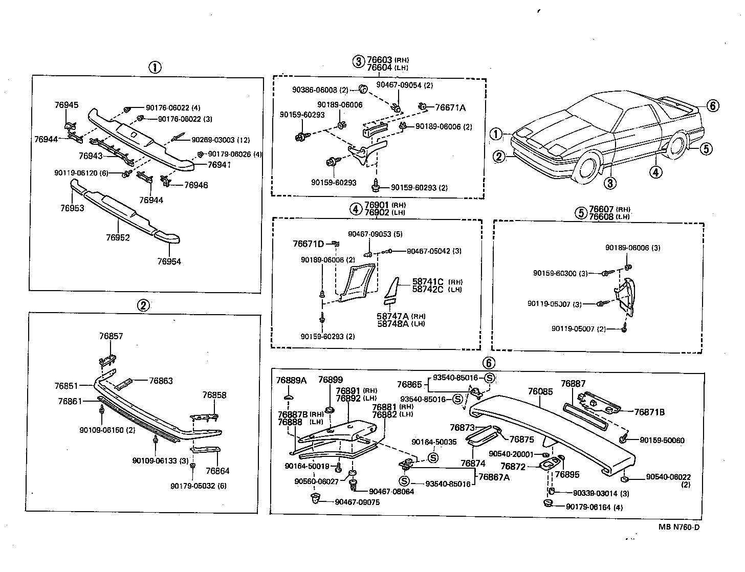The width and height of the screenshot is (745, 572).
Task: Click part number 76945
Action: point(67,105)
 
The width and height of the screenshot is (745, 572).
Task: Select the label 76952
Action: point(118,238)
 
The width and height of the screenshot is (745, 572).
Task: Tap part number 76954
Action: point(169,261)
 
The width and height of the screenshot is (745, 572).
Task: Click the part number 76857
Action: point(111,336)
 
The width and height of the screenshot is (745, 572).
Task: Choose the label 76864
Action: point(217,471)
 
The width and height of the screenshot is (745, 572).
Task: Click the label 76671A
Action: point(450,107)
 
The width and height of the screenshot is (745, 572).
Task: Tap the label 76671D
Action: point(308,244)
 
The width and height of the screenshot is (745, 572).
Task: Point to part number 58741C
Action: point(428,282)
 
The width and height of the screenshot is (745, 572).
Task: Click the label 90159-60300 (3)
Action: point(560,273)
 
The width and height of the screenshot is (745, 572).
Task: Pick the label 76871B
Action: point(649,412)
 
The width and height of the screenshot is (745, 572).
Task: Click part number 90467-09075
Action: point(357,502)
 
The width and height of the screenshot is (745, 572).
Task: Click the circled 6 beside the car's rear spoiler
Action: point(713,106)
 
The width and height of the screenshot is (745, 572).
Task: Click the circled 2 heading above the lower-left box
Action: point(143,305)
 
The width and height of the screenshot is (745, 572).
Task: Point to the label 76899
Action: point(330,380)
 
